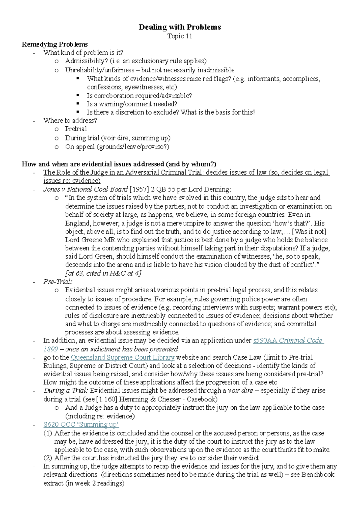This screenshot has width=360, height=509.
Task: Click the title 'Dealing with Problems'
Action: (180, 27)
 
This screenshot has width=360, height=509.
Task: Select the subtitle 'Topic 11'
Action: (180, 36)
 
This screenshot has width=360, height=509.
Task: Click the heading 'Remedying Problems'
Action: (55, 44)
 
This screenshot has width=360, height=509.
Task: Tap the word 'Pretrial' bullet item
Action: (76, 129)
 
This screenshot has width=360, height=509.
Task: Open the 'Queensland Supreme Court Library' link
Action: (122, 357)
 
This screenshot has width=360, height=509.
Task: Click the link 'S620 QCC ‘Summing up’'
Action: (81, 424)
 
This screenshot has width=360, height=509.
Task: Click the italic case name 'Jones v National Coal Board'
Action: (85, 189)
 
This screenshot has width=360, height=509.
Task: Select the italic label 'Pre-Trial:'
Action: (58, 282)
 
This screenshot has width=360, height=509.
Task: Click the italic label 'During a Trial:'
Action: (66, 390)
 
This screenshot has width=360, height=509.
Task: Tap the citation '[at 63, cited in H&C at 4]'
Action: (103, 273)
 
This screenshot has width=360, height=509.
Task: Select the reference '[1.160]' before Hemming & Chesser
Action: (107, 399)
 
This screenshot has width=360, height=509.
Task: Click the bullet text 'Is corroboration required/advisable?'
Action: (139, 96)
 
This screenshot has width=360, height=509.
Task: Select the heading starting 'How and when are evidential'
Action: (119, 164)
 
